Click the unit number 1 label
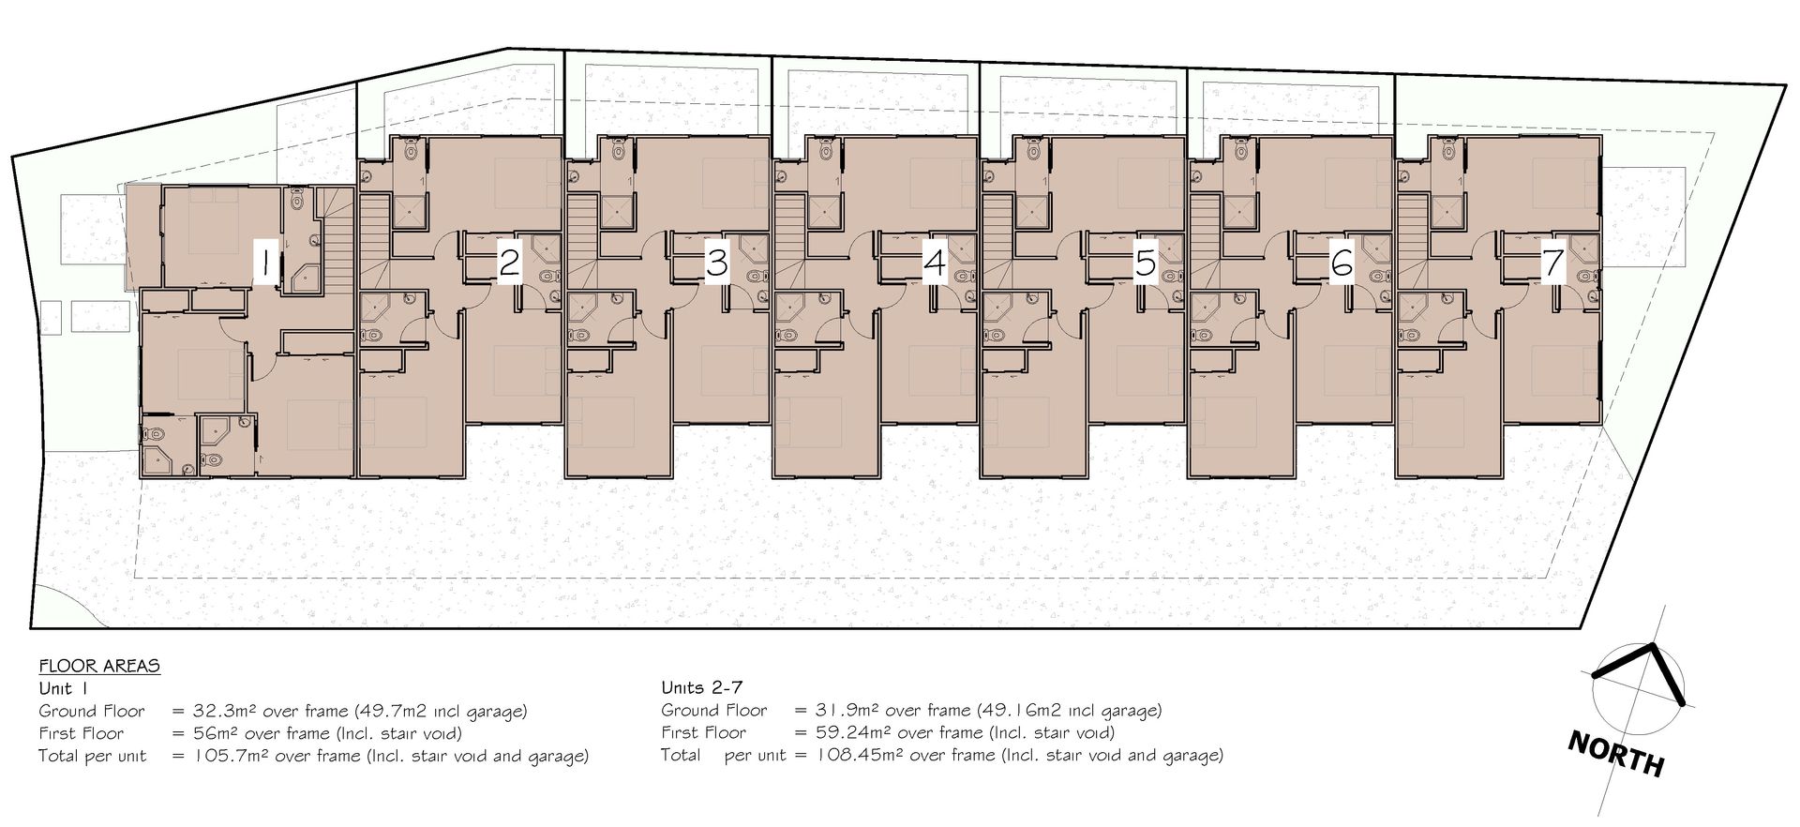pos(266,262)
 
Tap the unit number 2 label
pos(509,262)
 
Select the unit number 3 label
pos(717,262)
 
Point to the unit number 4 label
pos(935,262)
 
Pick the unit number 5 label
pos(1145,262)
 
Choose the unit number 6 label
pos(1342,262)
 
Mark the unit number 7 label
pos(1553,262)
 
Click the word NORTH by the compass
pos(1616,755)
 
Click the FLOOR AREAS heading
pos(99,667)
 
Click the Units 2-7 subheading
pos(704,688)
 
